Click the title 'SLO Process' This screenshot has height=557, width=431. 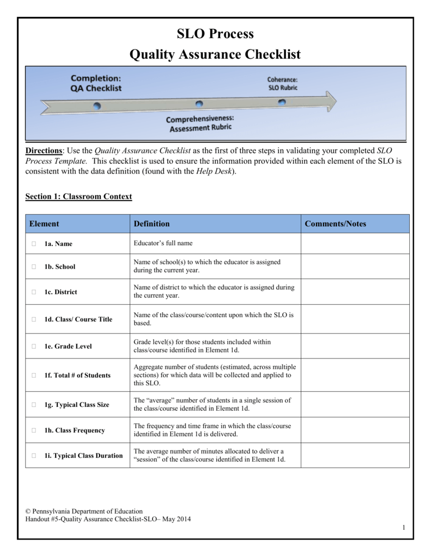tap(215, 34)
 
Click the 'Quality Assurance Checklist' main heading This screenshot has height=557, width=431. tap(215, 54)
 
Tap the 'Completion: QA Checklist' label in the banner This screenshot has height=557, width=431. tap(96, 83)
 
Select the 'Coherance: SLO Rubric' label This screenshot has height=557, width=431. tap(282, 83)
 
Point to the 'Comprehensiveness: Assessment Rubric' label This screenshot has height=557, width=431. tap(200, 124)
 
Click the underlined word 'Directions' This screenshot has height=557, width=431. tap(44, 150)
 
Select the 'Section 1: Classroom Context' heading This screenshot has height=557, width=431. tap(78, 196)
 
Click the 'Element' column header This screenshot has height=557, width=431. tap(44, 224)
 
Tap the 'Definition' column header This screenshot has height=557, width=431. tap(151, 224)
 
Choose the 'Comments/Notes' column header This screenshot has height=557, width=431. tap(335, 224)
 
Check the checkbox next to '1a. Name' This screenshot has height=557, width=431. tap(34, 244)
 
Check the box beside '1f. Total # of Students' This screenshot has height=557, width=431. tap(34, 375)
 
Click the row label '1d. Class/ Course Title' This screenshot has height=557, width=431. tap(78, 319)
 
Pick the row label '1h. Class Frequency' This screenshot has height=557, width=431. tap(75, 430)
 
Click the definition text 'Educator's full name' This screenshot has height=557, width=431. tap(163, 243)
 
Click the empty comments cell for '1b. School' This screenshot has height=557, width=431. tap(355, 267)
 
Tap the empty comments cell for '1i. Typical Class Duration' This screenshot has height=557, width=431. tap(355, 455)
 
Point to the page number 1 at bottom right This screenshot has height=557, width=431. tap(403, 528)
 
